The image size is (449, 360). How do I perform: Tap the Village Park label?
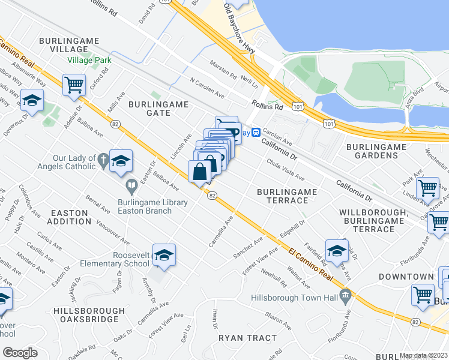(x=89, y=61)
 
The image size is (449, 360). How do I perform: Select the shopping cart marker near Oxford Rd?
(x=74, y=85)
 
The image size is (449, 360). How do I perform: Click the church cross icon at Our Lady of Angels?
(x=103, y=160)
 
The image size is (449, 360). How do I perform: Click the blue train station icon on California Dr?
(x=255, y=132)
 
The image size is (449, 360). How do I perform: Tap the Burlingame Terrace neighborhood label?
(x=286, y=196)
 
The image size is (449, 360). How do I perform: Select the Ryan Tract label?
(x=247, y=338)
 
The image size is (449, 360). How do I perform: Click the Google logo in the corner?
(x=20, y=352)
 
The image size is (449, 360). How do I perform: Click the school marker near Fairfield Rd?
(x=337, y=251)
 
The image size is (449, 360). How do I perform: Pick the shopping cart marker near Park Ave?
(x=427, y=188)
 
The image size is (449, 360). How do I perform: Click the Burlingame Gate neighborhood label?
(x=158, y=108)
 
